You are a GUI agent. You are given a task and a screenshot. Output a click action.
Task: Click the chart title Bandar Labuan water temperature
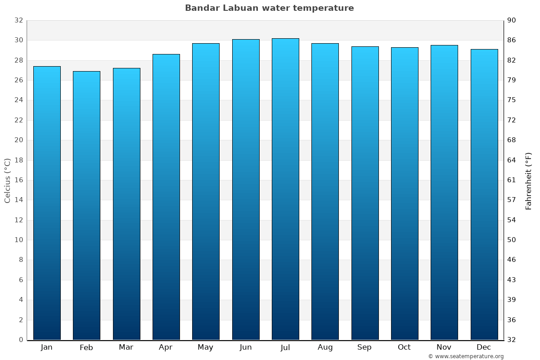(269, 8)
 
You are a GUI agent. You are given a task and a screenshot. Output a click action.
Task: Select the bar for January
(47, 202)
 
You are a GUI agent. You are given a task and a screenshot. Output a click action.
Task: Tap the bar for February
(86, 205)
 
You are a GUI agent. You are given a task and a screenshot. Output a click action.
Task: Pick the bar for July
(285, 189)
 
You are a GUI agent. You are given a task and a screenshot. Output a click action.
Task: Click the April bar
(166, 197)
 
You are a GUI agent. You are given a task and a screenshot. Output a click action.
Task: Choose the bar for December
(484, 194)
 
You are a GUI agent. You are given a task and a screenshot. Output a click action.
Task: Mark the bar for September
(365, 193)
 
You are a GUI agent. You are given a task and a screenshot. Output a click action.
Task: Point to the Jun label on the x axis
(246, 347)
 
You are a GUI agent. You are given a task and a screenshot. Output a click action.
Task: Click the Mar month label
(126, 347)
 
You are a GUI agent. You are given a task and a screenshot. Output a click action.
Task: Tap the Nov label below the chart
(444, 347)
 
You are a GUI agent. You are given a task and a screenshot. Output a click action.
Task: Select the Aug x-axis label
(325, 347)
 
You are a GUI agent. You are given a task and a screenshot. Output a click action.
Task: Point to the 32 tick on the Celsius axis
(18, 21)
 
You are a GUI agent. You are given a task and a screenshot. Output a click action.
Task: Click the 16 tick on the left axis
(18, 180)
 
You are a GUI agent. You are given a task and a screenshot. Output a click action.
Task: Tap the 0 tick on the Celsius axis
(21, 340)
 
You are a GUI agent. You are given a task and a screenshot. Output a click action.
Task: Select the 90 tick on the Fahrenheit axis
(512, 21)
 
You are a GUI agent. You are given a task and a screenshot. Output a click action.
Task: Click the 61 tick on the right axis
(512, 180)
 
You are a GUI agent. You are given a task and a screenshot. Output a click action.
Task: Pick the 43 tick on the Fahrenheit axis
(512, 280)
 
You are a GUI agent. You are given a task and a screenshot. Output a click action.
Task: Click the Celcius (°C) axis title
(7, 180)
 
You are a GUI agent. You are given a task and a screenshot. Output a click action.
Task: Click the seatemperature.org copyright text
(465, 356)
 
